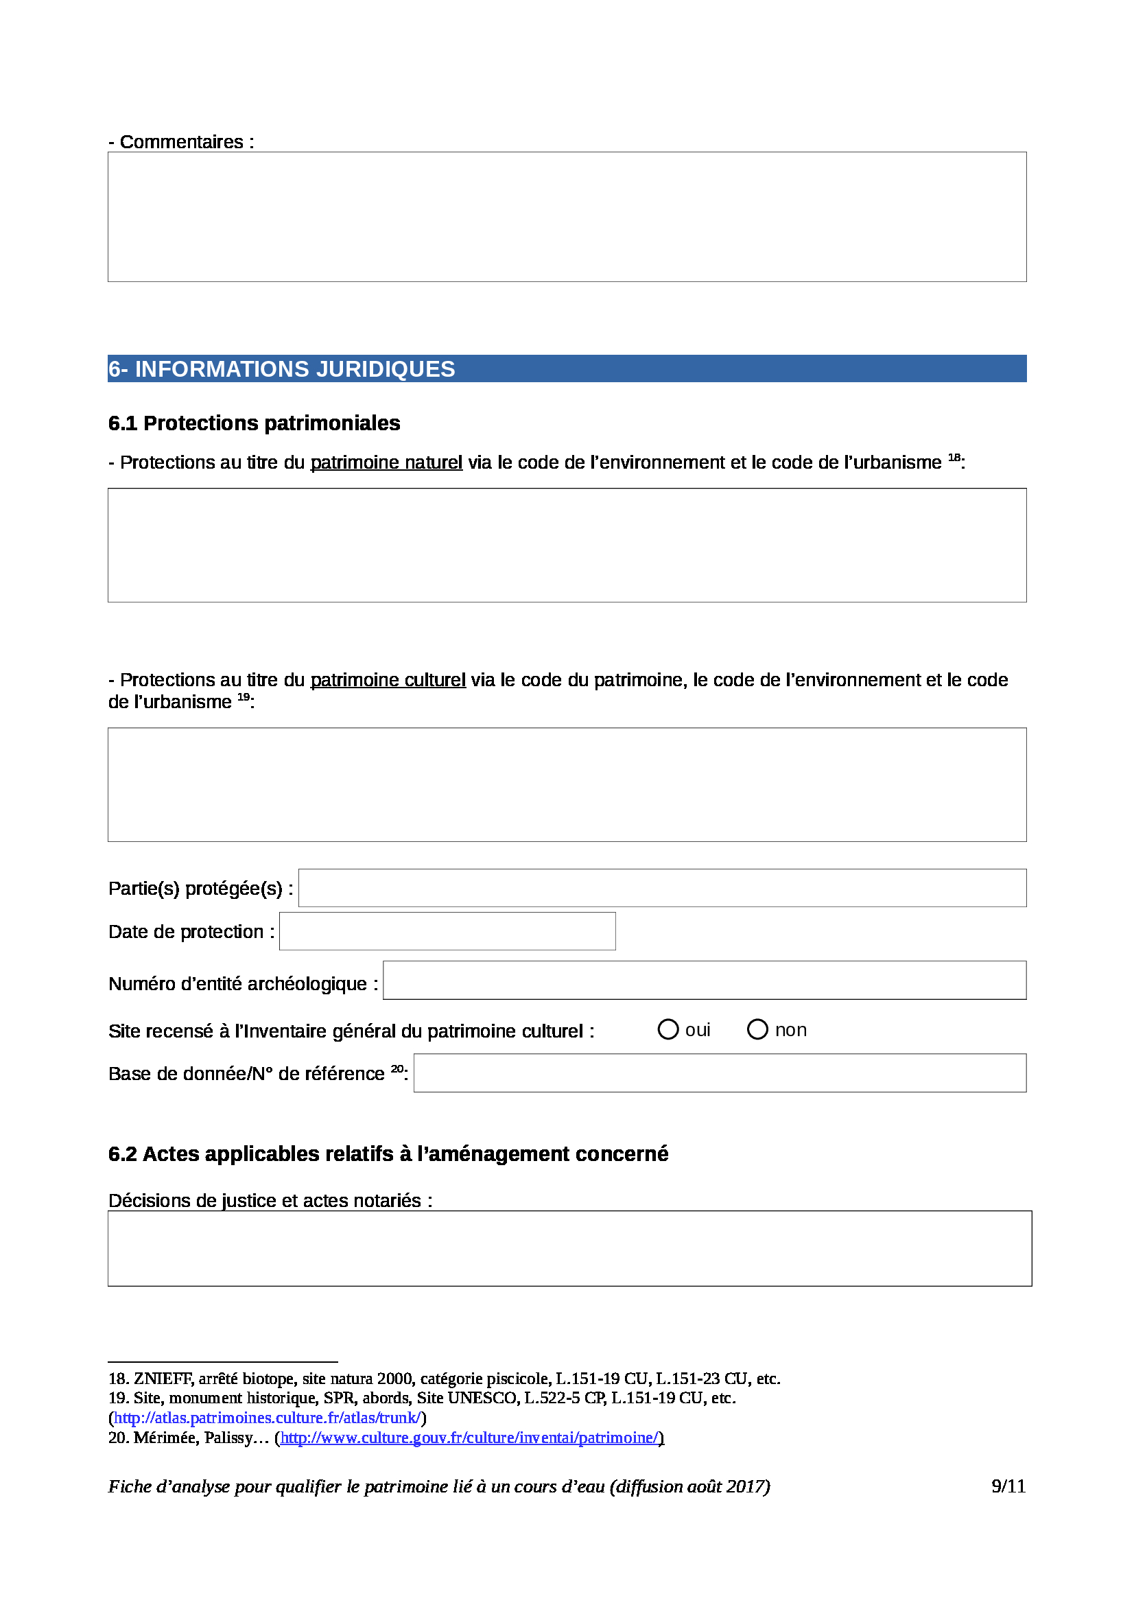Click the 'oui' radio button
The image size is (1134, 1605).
point(668,1030)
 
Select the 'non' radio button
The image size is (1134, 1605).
point(757,1030)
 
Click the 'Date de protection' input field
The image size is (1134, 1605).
point(447,931)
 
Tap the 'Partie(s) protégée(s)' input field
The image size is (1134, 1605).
point(662,888)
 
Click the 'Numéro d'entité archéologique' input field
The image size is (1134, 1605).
point(705,980)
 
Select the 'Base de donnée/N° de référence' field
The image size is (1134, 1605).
point(720,1073)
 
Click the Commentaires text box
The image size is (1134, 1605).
point(567,217)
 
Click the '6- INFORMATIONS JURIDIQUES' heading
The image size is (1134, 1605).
point(281,369)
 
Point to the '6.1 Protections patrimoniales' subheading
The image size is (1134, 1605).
point(255,423)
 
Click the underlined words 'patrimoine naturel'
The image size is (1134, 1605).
point(386,462)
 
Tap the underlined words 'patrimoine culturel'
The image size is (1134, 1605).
point(388,680)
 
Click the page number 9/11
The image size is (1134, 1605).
point(1008,1486)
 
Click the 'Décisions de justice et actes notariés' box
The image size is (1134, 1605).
point(569,1248)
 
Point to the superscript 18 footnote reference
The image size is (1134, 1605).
point(954,458)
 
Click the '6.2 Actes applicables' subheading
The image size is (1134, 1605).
point(388,1154)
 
